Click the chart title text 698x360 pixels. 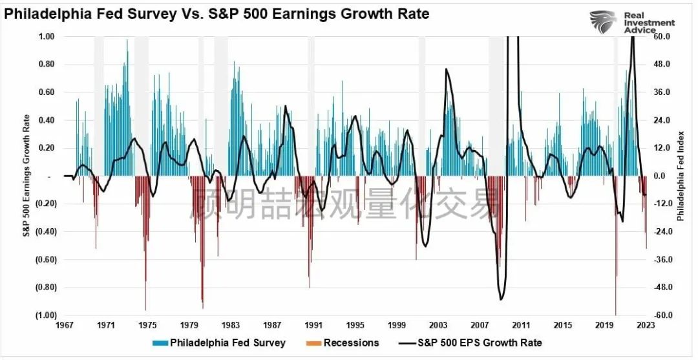tap(217, 14)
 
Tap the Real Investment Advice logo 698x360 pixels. tap(633, 23)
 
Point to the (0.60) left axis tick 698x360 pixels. tap(47, 260)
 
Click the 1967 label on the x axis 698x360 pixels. tap(65, 325)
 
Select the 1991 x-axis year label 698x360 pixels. tap(314, 325)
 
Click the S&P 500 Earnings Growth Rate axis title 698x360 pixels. tap(27, 176)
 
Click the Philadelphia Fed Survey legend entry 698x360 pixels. tap(220, 343)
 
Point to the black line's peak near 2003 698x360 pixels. tap(446, 69)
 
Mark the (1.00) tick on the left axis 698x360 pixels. tap(47, 315)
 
